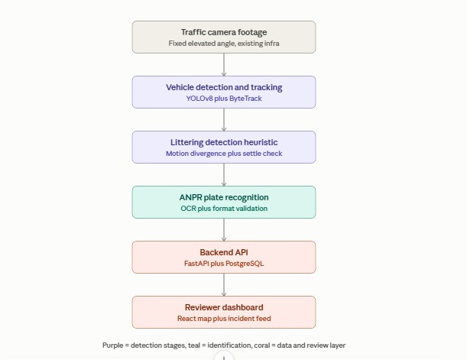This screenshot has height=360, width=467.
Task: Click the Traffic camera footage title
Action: [x=224, y=32]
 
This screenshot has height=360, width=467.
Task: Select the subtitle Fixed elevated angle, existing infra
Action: [x=224, y=43]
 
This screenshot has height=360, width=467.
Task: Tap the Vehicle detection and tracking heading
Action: [x=224, y=87]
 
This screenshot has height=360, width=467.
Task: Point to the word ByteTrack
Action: [x=245, y=99]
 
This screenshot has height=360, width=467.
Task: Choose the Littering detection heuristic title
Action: [x=224, y=142]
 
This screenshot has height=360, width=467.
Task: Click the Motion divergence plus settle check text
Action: [x=224, y=154]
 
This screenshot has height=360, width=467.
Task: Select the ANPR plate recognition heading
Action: [x=224, y=197]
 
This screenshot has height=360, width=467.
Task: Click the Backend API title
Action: [x=224, y=252]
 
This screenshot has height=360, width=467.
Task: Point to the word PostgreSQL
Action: [x=245, y=264]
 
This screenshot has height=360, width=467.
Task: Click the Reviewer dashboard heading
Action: [x=224, y=307]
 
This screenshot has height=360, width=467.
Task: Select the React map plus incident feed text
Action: [x=224, y=318]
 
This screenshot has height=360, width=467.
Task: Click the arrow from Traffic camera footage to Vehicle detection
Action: [x=224, y=65]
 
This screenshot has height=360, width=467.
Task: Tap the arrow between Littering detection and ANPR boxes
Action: [x=224, y=175]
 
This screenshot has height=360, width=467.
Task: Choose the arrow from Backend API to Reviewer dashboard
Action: [x=224, y=284]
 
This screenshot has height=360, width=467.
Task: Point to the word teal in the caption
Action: [x=194, y=345]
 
